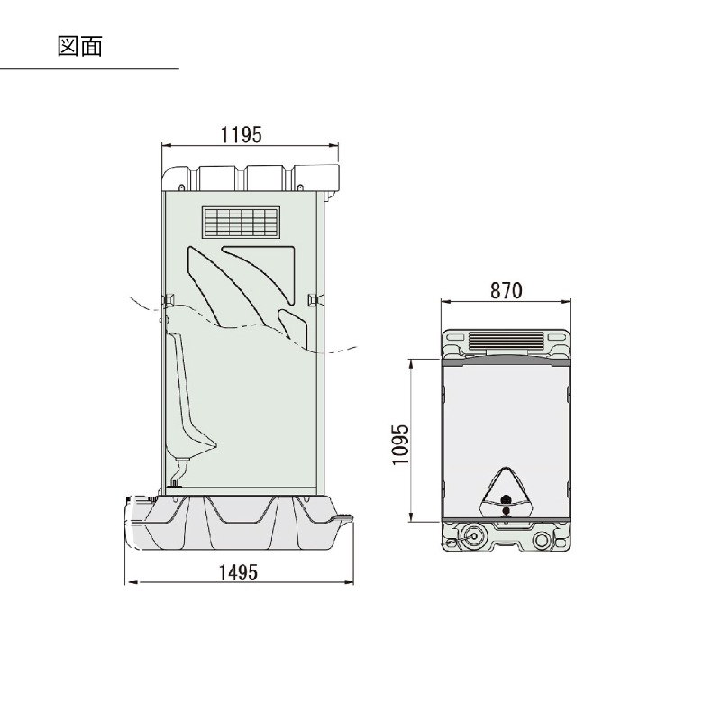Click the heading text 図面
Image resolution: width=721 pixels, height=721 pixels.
click(79, 46)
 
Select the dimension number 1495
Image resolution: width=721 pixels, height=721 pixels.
click(239, 571)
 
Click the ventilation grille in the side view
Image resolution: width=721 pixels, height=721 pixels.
click(242, 222)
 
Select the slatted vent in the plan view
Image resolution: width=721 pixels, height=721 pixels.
click(507, 342)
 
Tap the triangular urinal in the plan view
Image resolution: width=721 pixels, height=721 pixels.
click(507, 488)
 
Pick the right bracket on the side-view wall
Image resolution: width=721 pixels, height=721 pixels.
click(313, 298)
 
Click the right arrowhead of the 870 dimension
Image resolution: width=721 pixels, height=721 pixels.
click(568, 303)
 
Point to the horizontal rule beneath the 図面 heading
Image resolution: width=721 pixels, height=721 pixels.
click(89, 69)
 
